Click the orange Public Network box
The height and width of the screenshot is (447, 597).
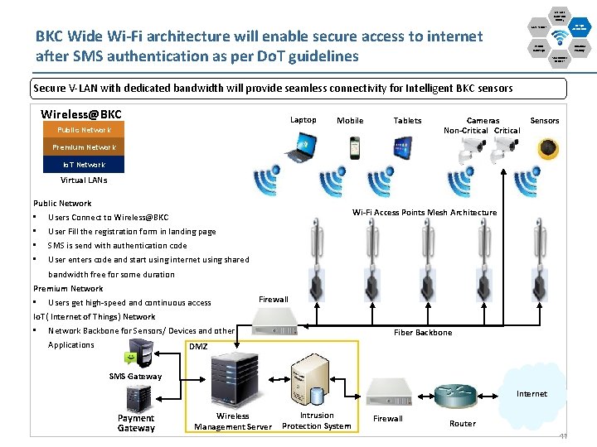83,130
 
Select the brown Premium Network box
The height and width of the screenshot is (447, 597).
83,147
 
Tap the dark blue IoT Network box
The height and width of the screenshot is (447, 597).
83,165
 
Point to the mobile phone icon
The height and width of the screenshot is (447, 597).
354,147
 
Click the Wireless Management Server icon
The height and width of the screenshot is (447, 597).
233,377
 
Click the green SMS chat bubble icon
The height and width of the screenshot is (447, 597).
131,358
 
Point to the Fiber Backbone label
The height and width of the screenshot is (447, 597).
423,333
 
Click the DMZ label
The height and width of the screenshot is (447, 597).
199,347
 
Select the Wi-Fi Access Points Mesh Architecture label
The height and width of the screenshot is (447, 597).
424,213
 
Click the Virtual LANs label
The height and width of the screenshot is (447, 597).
84,180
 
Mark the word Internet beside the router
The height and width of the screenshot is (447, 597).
531,394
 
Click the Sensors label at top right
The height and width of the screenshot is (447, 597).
545,121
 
